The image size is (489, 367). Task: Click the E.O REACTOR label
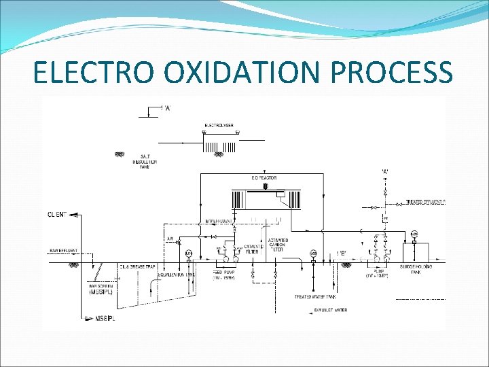[x=264, y=178]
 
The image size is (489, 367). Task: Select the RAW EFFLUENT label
[x=63, y=251]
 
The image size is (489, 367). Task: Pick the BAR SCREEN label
[x=101, y=285]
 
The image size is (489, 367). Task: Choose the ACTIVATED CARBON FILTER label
[x=278, y=245]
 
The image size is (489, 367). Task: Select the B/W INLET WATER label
[x=330, y=310]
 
